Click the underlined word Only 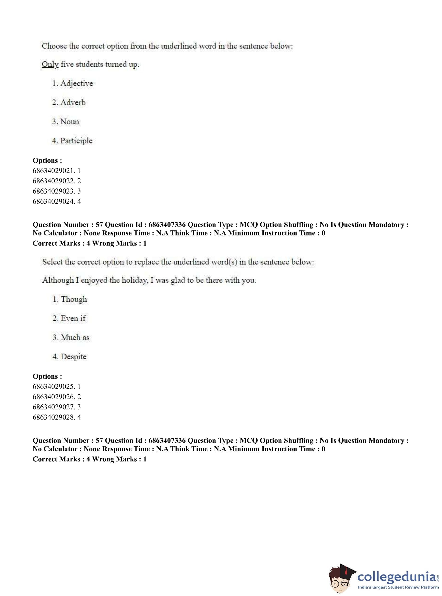point(50,65)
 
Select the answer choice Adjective point(76,84)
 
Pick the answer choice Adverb point(72,103)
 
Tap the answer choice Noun point(69,122)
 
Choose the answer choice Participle point(76,141)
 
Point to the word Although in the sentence point(58,280)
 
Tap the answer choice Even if point(73,318)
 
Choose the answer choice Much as point(75,337)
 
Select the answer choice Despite point(73,356)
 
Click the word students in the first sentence point(89,65)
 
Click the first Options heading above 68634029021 point(47,161)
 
